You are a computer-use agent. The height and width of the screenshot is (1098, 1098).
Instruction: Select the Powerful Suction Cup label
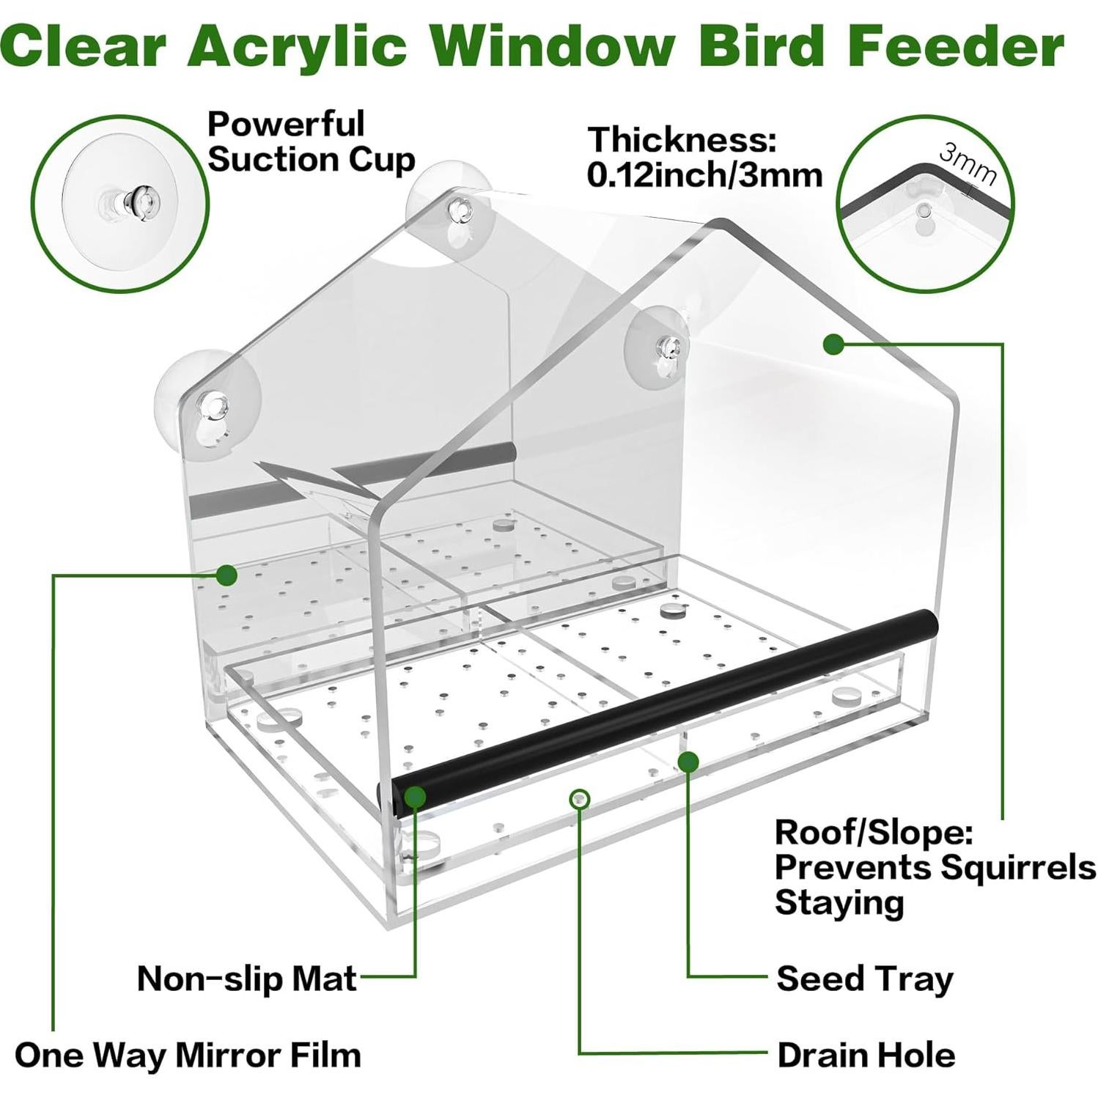pyautogui.click(x=310, y=142)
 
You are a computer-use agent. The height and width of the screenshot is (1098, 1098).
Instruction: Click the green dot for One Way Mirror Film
pyautogui.click(x=226, y=575)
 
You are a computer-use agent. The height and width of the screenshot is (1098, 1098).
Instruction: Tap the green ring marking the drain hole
pyautogui.click(x=580, y=798)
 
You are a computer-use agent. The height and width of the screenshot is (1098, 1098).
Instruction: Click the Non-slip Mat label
pyautogui.click(x=247, y=978)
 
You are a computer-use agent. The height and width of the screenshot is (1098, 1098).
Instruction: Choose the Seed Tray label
pyautogui.click(x=865, y=979)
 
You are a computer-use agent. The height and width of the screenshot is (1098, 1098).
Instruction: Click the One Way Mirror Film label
pyautogui.click(x=188, y=1055)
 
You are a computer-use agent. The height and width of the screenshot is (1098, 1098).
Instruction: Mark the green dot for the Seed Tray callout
pyautogui.click(x=688, y=762)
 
